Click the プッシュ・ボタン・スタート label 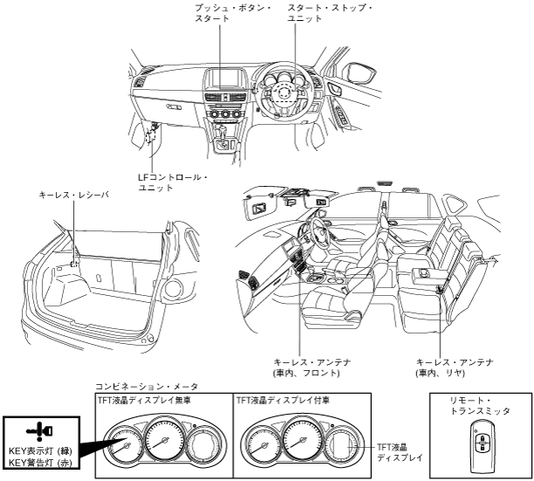coord(221,13)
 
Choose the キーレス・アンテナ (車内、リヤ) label coord(455,367)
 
